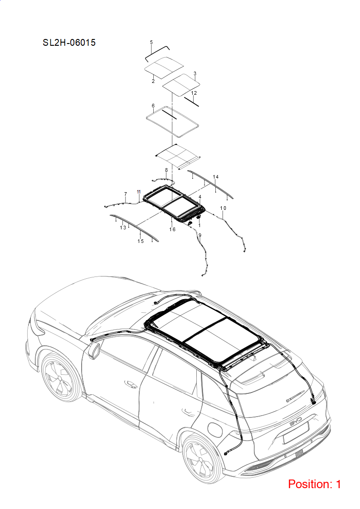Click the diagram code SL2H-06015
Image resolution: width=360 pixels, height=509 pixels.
[x=69, y=43]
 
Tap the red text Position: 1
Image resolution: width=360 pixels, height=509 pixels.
[x=314, y=484]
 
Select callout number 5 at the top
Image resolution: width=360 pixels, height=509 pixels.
[x=151, y=42]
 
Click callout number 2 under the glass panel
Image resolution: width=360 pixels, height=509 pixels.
[x=153, y=81]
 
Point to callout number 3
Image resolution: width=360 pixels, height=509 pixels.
[x=195, y=73]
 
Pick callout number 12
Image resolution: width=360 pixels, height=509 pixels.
[x=194, y=93]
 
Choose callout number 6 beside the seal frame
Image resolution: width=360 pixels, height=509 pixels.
[x=153, y=106]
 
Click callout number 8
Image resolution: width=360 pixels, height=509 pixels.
[x=166, y=170]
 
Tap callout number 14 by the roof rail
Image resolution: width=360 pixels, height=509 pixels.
[x=216, y=177]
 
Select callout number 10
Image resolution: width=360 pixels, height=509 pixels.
[x=223, y=208]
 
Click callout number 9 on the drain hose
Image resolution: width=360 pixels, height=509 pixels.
[x=199, y=235]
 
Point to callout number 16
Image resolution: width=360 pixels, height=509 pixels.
[x=172, y=229]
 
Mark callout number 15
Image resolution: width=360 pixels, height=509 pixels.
[x=141, y=241]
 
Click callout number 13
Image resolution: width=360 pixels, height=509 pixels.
[x=123, y=228]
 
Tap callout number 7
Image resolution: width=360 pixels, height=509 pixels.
[x=126, y=194]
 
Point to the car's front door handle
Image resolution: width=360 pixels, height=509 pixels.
[x=131, y=384]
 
